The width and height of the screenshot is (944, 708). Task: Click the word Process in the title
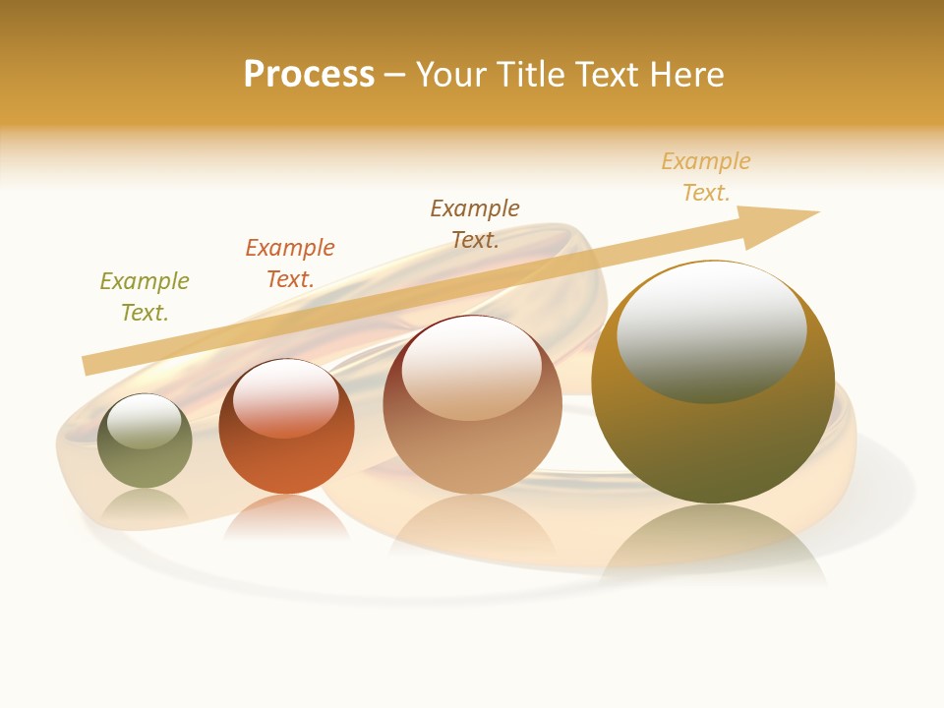point(309,75)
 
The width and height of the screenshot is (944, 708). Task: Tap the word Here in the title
point(686,75)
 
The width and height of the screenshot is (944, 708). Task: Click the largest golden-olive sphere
point(713,442)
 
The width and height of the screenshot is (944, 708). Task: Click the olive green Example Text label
point(145,297)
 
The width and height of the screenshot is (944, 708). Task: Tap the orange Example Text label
point(290,264)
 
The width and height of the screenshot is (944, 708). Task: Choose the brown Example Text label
point(475,223)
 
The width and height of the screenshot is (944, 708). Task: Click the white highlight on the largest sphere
point(712,329)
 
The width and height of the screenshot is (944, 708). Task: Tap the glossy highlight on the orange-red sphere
point(286,395)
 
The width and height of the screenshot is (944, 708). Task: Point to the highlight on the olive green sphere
point(144,421)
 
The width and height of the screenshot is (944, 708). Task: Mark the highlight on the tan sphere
point(471,366)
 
